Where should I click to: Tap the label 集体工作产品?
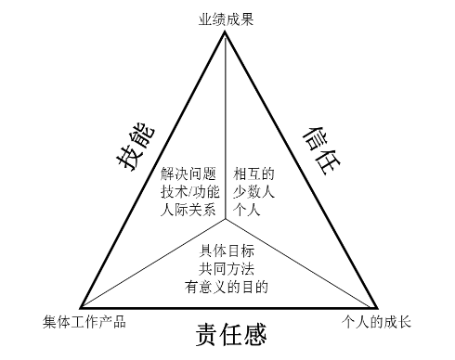click(84, 322)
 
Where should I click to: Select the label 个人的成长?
click(377, 322)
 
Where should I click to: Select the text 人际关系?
click(188, 210)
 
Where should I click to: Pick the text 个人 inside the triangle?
click(248, 210)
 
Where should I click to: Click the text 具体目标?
click(227, 251)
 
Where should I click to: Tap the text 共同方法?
click(227, 269)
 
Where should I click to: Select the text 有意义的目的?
click(227, 287)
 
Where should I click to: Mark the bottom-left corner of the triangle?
click(80, 307)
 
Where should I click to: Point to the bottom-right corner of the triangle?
click(378, 307)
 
